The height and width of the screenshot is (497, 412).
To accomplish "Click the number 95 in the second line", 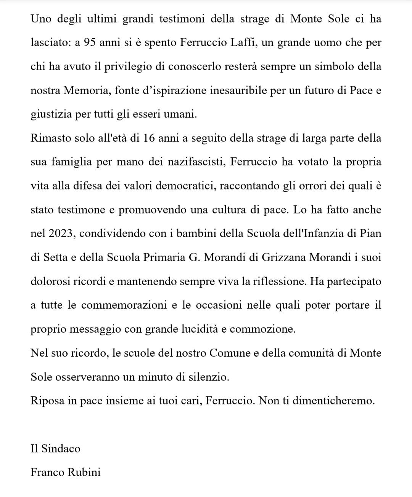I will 90,42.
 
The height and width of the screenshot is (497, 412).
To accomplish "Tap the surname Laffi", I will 239,42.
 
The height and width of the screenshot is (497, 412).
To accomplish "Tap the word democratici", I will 174,186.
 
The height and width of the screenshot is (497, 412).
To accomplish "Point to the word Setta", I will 56,257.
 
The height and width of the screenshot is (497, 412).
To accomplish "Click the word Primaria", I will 164,257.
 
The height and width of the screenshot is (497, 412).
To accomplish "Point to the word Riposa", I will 47,401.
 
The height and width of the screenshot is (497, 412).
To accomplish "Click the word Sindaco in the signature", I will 61,449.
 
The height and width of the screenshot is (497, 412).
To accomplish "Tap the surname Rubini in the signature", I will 84,473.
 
